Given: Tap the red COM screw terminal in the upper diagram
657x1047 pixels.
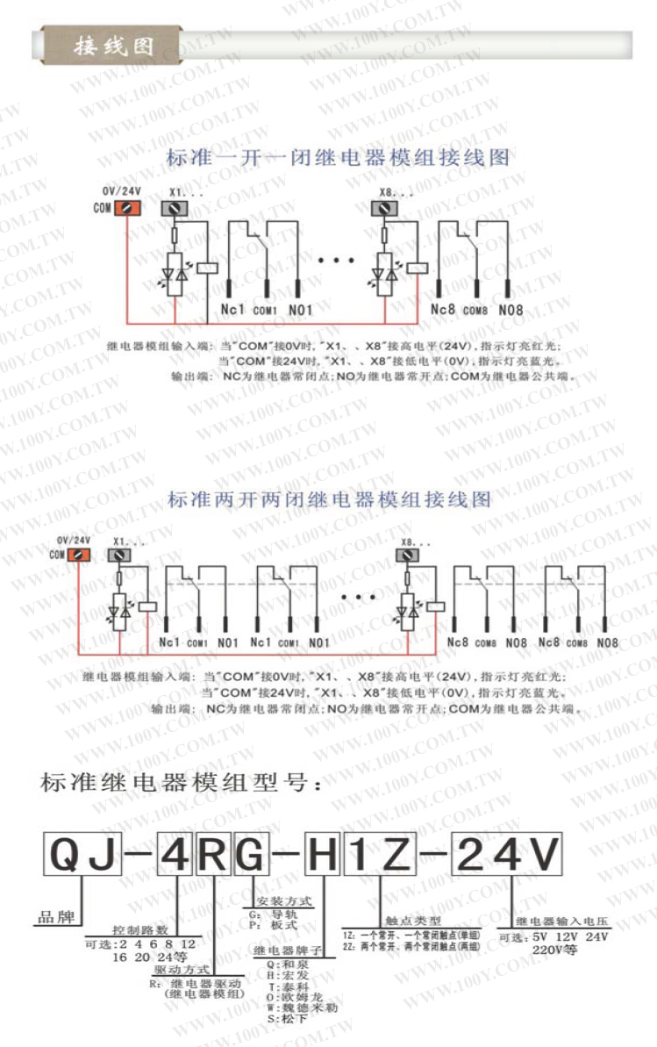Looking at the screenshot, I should point(128,208).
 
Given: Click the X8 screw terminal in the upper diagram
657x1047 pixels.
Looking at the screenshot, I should point(383,208).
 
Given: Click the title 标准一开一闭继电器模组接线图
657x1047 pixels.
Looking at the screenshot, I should point(338,159).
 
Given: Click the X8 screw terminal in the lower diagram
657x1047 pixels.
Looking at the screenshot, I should point(410,555).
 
